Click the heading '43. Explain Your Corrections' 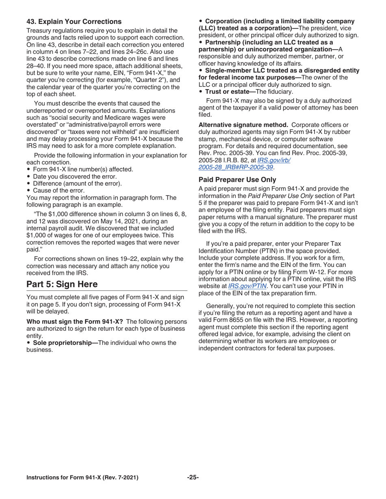click(x=74, y=22)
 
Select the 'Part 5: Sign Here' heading click(x=62, y=284)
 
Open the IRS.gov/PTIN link click(x=247, y=286)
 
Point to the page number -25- click(x=193, y=477)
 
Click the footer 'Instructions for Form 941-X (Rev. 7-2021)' click(x=82, y=477)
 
